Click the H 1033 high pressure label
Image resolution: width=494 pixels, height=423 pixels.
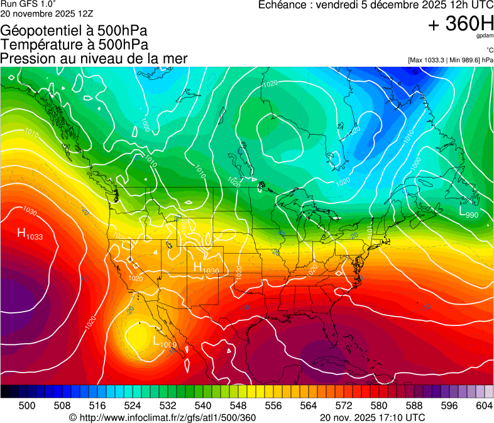pos(30,235)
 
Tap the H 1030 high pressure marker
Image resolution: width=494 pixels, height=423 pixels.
pos(206,269)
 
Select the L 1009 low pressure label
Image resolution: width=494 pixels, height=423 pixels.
pos(165,343)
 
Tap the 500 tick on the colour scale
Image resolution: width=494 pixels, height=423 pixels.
pos(27,405)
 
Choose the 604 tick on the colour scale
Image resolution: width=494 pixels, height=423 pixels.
pos(484,405)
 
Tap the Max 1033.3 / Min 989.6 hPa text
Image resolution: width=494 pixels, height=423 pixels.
pos(451,60)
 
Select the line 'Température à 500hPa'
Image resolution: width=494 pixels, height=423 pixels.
pos(74,45)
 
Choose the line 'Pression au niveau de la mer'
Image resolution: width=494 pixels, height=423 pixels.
pos(94,59)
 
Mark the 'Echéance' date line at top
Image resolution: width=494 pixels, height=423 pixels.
pos(376,5)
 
